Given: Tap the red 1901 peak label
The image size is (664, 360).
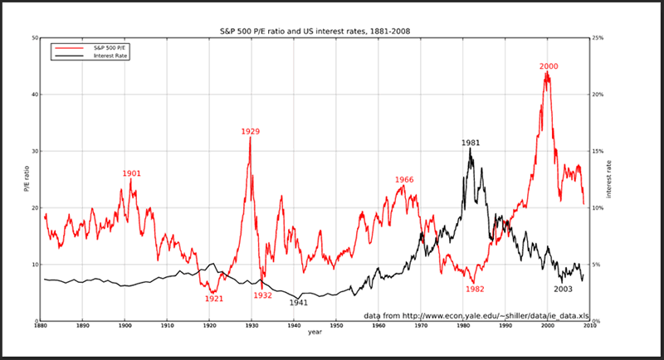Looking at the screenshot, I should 131,173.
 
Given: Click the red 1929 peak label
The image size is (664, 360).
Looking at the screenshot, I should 251,132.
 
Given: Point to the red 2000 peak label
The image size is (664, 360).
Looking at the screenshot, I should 549,66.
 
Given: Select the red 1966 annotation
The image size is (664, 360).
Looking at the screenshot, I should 404,179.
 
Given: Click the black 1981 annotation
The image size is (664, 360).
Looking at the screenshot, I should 471,144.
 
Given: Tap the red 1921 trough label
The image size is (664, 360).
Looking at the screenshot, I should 214,299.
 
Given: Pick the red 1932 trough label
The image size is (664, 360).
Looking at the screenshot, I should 263,295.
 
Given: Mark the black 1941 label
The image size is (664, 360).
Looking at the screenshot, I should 299,303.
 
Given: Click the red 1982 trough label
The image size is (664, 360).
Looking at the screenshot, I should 475,289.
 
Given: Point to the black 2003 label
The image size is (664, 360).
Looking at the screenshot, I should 563,289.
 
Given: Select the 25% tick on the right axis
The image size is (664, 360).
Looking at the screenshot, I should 597,38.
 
